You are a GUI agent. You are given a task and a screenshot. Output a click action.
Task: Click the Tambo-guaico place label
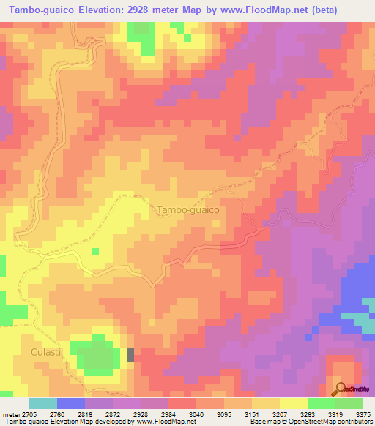pos(188,209)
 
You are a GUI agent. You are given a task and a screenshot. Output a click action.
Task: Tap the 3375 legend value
pos(363,414)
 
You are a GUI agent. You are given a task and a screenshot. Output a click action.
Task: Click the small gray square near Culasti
pos(130,355)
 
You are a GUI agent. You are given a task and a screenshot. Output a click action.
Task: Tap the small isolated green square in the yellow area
pos(95,252)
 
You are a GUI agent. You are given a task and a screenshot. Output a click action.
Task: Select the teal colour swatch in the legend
pos(43,403)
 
